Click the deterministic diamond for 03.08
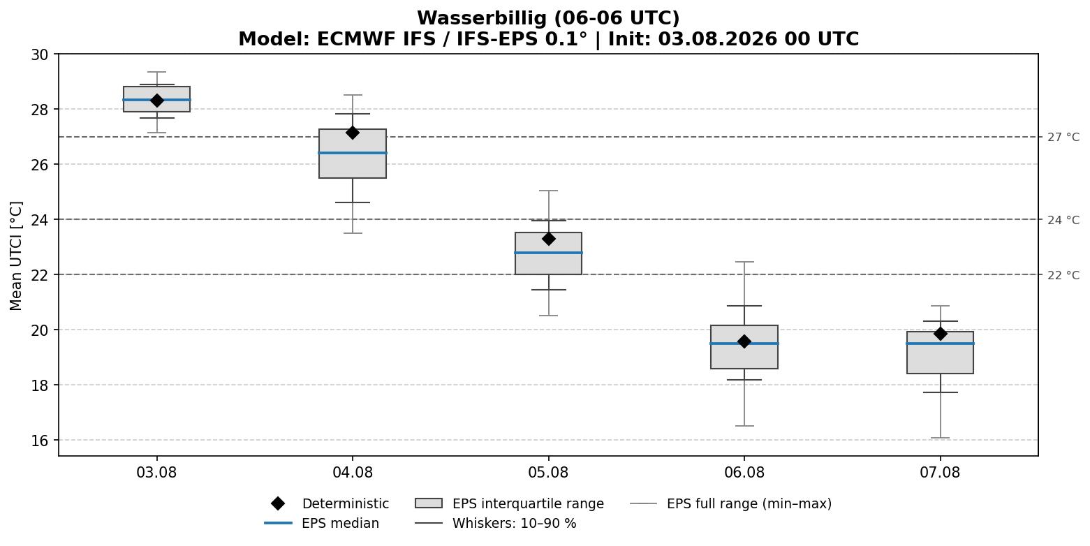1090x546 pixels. (156, 101)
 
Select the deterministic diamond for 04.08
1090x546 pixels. (353, 133)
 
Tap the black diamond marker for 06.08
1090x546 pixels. (744, 341)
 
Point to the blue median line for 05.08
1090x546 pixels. (548, 253)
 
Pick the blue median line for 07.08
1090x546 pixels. (940, 344)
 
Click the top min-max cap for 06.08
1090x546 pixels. (744, 262)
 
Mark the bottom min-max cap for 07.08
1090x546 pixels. (940, 438)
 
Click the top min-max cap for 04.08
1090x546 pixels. (353, 95)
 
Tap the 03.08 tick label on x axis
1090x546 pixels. (156, 473)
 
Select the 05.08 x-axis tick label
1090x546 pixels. (548, 473)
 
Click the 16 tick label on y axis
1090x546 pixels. (40, 441)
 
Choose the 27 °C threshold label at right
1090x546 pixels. (1063, 138)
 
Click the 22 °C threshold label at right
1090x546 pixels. (1063, 275)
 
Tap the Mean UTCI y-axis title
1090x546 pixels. (16, 256)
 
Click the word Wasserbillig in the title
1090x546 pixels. (483, 18)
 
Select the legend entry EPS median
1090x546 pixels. (322, 523)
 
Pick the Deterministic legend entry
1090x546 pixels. (330, 503)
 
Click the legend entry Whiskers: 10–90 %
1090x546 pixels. (495, 523)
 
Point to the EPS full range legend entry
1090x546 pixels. (731, 503)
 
